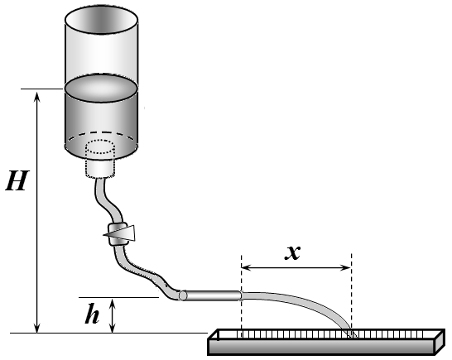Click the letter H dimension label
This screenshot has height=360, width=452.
pos(17,180)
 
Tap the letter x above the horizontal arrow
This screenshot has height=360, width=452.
pos(292,252)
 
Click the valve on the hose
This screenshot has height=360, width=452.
pos(118,233)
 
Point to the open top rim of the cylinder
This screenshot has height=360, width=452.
pos(101,20)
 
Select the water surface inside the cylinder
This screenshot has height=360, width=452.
pos(101,89)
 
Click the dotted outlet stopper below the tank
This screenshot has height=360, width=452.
pos(100,158)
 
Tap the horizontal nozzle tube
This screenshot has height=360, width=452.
pos(213,295)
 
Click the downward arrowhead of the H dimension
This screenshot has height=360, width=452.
pos(37,328)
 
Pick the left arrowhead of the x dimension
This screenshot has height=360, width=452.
pos(247,268)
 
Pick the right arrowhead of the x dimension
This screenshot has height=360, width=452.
pos(345,268)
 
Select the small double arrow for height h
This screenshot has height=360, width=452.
pos(113,315)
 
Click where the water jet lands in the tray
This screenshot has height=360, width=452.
pos(350,334)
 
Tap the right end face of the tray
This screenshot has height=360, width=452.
pos(440,342)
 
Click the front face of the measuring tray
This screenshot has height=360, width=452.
pos(321,347)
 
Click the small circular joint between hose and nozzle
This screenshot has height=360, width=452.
pos(182,295)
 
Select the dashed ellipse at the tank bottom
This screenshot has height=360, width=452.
pos(101,143)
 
